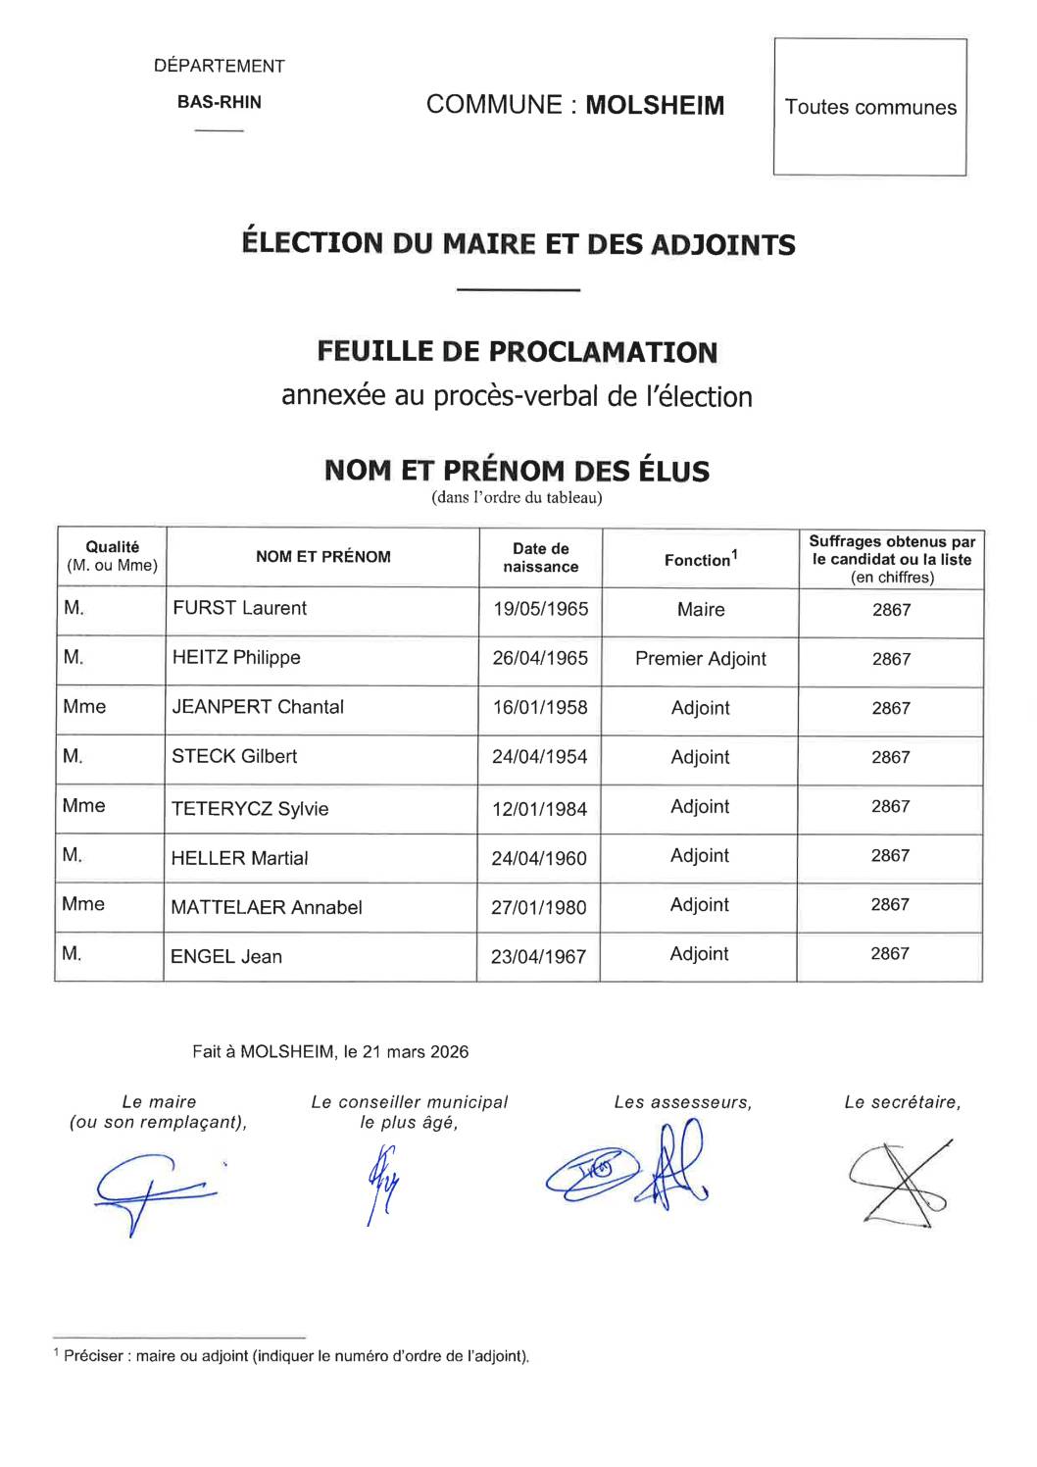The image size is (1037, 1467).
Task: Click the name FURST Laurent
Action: pos(239,608)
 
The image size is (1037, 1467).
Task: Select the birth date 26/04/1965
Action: pos(540,658)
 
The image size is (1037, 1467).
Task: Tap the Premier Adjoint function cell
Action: pos(700,659)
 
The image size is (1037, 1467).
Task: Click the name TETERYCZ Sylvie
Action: pos(250,809)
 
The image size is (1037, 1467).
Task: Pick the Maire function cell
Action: pos(701,609)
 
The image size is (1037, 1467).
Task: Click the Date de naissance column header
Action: pos(540,557)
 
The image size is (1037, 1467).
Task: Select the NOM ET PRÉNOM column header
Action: pos(322,557)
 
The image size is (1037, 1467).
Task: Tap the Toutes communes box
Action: pos(870,107)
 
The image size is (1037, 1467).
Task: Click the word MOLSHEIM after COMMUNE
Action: pos(655,105)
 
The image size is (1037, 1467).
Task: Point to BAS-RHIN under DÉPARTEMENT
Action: pos(219,102)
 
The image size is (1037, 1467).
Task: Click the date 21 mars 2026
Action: pos(415,1052)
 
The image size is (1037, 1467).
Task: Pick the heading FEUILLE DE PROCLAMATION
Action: pos(518,351)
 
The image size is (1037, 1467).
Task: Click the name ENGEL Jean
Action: pos(226,957)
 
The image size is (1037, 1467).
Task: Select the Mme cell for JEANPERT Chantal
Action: pos(84,707)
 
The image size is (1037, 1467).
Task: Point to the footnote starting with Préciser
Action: pos(295,1356)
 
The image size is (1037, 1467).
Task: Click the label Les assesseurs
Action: pos(682,1102)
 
